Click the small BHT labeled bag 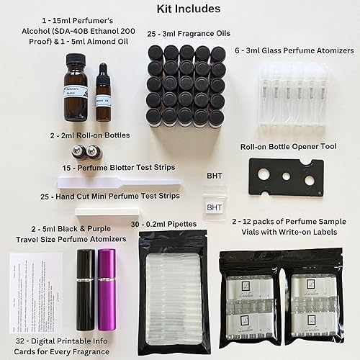215,207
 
